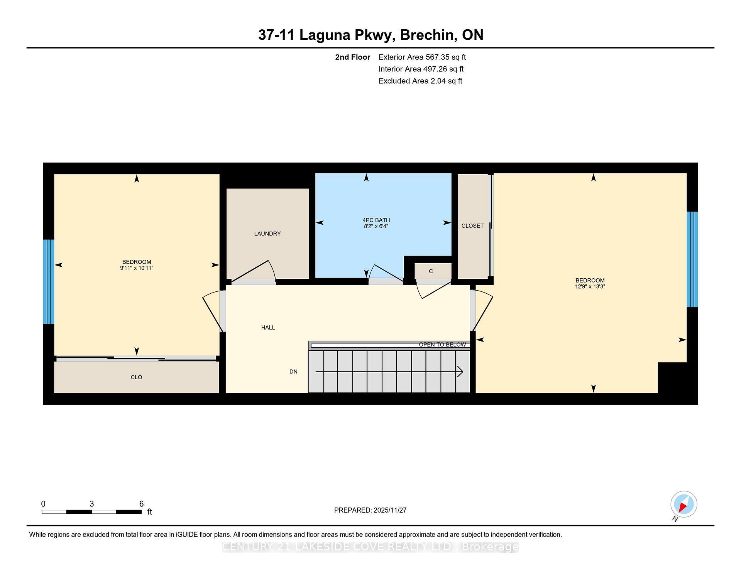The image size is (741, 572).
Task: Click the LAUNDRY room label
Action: pos(267,234)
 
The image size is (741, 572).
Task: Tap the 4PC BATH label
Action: pos(376,220)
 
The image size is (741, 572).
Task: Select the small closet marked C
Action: pos(431,271)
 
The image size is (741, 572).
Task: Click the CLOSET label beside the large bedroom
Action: pos(472,226)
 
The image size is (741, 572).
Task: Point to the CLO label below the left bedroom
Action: pos(136,377)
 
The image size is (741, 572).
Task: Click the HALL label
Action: pos(268,328)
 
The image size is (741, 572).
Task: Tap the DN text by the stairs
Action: pos(293,372)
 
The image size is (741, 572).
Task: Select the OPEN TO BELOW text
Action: pos(442,345)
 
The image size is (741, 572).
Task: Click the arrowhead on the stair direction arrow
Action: pos(460,372)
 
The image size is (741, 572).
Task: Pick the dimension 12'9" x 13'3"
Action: pos(590,287)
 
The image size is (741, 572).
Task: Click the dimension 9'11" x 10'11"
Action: pos(137,268)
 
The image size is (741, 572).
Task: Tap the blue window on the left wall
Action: pos(48,281)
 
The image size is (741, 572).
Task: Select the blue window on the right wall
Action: pos(692,259)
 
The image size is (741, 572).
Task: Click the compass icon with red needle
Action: pos(683,504)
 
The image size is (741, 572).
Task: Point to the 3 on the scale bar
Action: pos(91,504)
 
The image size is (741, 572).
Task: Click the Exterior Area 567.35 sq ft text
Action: pos(422,57)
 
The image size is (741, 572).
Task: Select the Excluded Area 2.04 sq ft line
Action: pos(420,81)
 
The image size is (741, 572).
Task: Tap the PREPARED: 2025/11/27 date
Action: pos(370,510)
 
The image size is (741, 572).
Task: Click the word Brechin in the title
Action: pos(427,35)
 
